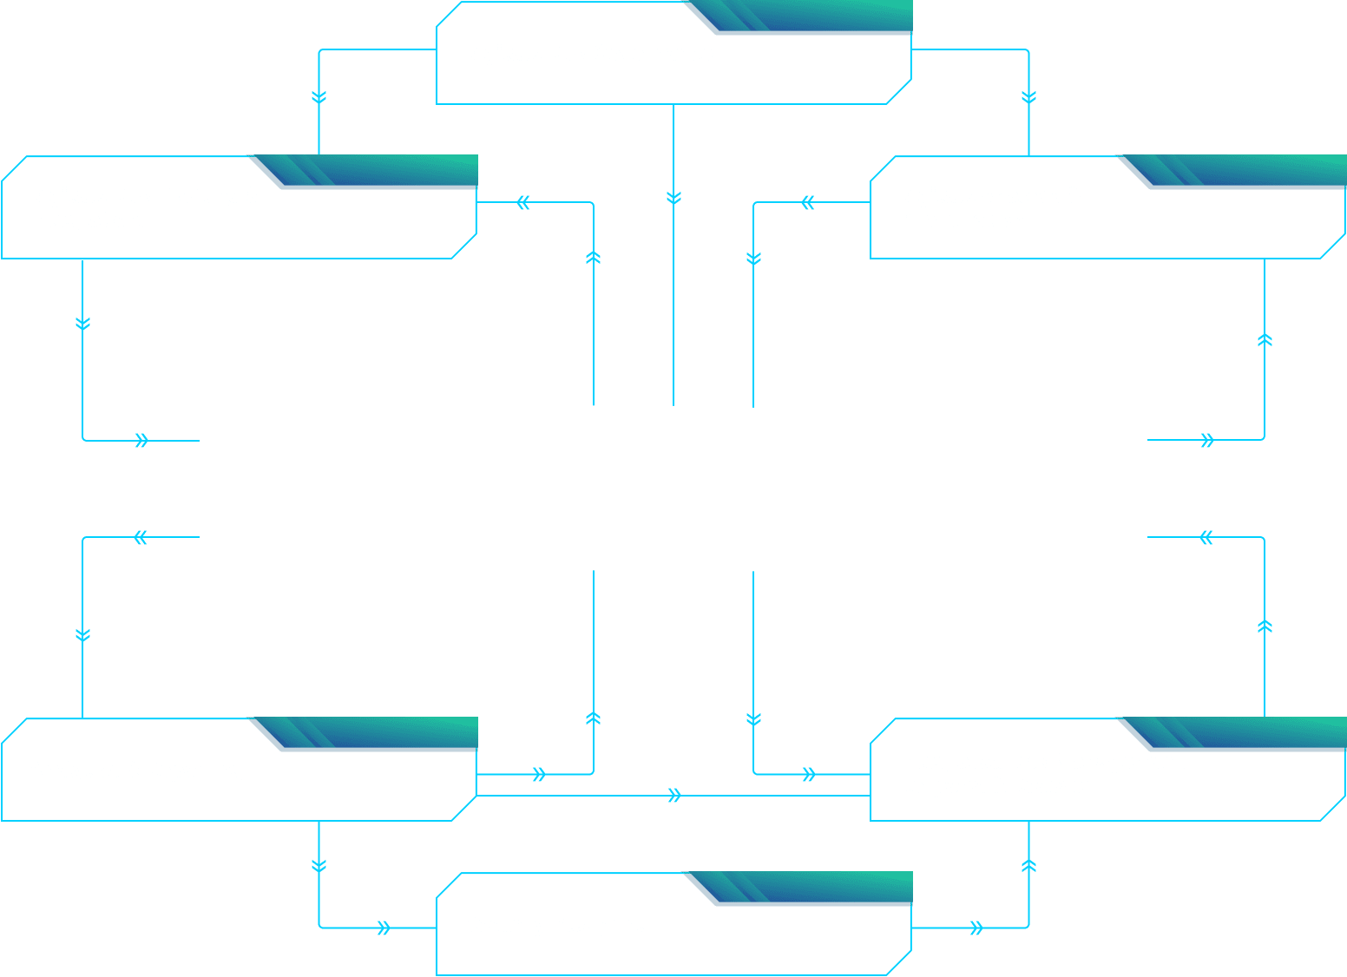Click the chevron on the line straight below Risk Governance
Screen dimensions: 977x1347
(x=673, y=198)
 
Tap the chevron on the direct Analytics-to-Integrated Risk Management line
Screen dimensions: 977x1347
(x=674, y=796)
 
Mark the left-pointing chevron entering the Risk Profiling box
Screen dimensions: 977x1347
(x=523, y=203)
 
